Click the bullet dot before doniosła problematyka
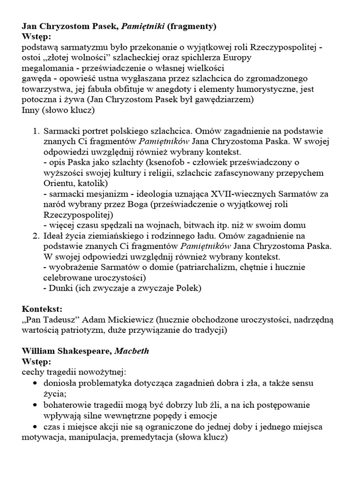click(36, 383)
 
